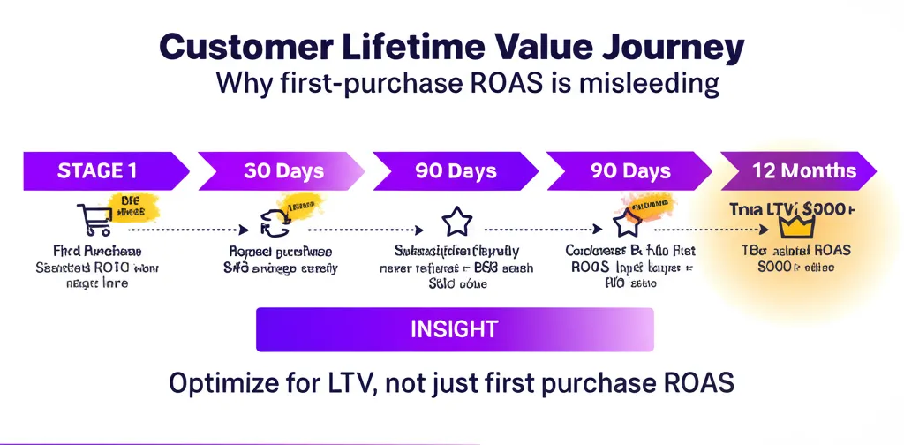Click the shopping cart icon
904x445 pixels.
point(94,220)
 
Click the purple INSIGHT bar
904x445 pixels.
point(454,330)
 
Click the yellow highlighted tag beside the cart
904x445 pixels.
point(133,208)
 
